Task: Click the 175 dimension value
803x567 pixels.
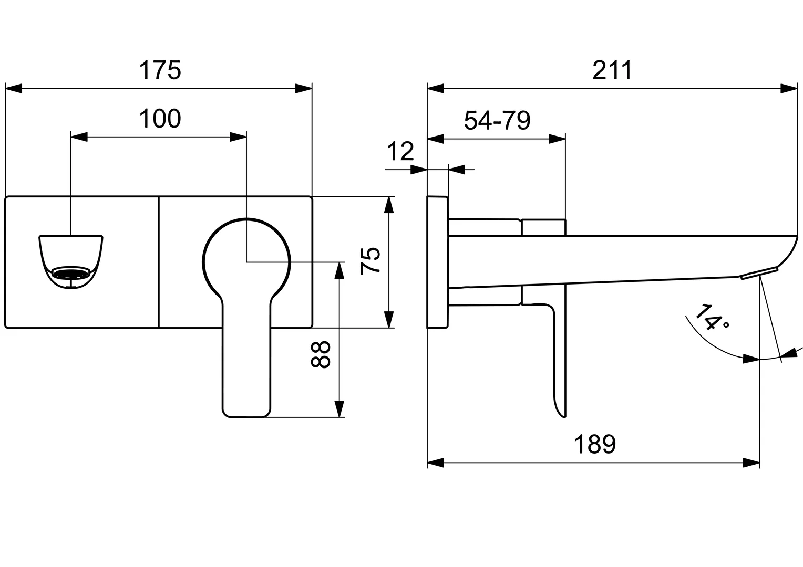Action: [160, 70]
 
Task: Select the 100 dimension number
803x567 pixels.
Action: [160, 119]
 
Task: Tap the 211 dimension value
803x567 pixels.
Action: [612, 70]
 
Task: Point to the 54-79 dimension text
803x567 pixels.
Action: [497, 121]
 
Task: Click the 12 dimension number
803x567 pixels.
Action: [400, 152]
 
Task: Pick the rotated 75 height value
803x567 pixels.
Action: [371, 260]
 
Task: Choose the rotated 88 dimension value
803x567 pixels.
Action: [320, 354]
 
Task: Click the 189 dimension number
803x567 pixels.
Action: [594, 445]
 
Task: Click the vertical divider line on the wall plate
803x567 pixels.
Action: [158, 262]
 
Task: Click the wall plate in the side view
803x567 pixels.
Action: [437, 262]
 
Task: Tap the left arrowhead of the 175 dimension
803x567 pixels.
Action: [13, 88]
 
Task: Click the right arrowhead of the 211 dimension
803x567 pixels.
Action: [789, 88]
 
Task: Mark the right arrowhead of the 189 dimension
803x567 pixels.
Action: [752, 463]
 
